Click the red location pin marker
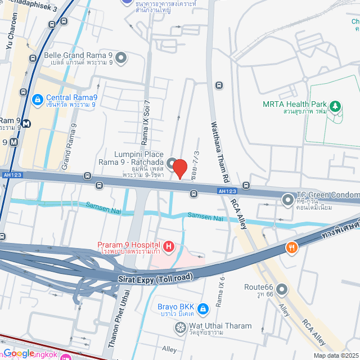179,169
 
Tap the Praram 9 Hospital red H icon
168,246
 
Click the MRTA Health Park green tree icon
335,105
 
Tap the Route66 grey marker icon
282,290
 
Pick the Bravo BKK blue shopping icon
204,308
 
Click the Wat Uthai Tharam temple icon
179,328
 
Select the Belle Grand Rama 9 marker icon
121,58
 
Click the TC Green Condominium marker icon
288,199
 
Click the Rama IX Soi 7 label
146,126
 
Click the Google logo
19,353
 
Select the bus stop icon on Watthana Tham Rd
218,85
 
